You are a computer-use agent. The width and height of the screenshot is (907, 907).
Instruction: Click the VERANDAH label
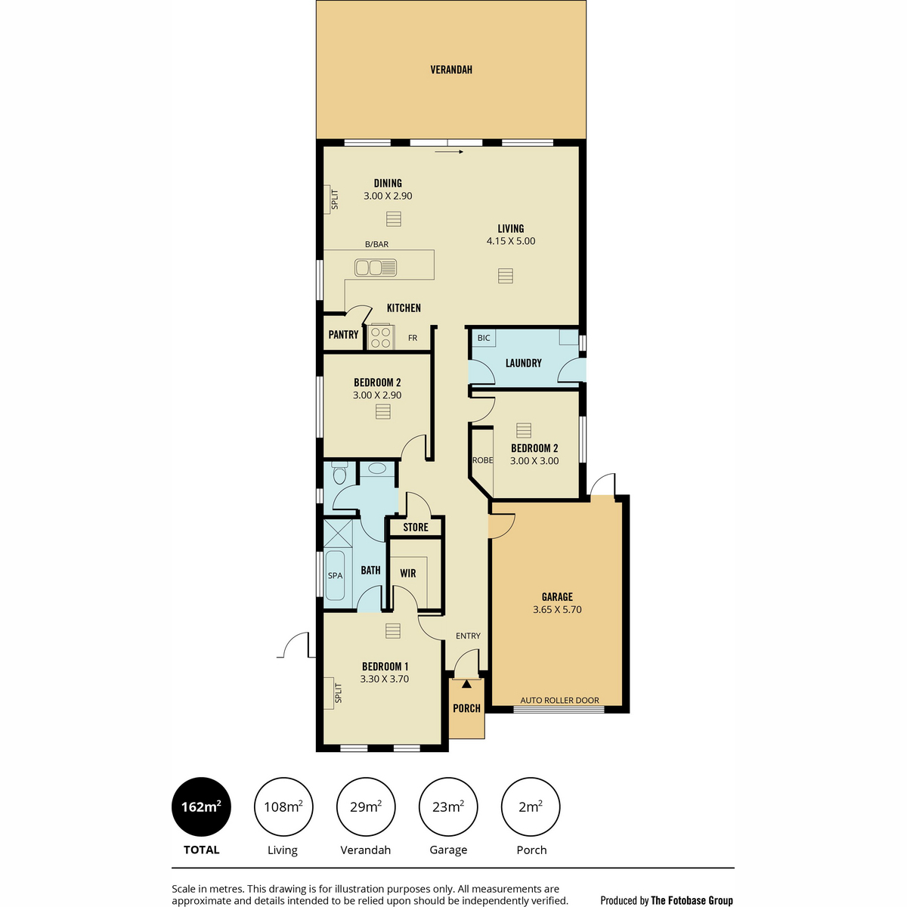(451, 70)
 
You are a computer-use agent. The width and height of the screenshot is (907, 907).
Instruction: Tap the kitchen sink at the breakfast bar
(375, 268)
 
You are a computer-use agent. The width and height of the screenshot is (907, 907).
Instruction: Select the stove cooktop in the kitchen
(380, 337)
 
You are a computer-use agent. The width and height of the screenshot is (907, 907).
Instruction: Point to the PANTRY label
(343, 334)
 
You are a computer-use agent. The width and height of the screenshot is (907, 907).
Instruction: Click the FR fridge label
(413, 338)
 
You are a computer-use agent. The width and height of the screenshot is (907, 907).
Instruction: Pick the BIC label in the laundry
(484, 337)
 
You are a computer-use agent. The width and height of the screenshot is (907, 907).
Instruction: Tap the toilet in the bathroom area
(339, 473)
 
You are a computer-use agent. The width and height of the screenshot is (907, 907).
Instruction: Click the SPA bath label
(335, 575)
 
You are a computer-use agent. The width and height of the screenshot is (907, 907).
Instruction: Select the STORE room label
(416, 527)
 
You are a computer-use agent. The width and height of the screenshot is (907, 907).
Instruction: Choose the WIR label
(407, 573)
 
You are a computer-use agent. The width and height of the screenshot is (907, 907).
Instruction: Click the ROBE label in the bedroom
(482, 460)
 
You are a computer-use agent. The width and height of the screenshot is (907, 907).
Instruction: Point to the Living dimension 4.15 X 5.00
(511, 241)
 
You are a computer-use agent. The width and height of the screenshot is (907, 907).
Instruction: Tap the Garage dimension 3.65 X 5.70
(557, 609)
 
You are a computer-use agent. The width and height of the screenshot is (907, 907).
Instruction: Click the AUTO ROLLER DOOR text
(559, 701)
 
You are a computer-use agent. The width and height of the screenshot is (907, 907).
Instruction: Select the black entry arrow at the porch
(466, 684)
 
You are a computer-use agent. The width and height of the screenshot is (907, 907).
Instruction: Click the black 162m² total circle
(201, 806)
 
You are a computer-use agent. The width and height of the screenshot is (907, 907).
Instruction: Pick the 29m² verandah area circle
(366, 806)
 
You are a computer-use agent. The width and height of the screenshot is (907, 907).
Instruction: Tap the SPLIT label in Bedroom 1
(338, 693)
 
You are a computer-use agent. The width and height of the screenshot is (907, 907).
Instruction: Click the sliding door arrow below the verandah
(449, 152)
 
